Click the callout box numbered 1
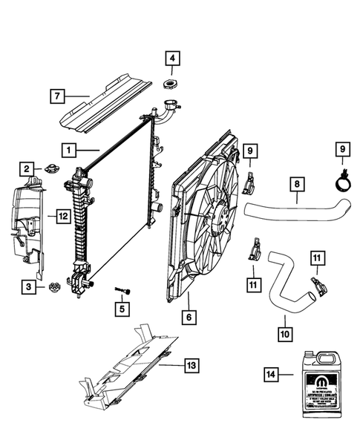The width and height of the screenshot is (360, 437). pyautogui.click(x=69, y=151)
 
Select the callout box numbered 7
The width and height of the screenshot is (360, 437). pyautogui.click(x=58, y=96)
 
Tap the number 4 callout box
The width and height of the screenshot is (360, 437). pyautogui.click(x=172, y=58)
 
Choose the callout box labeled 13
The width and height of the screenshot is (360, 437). pyautogui.click(x=191, y=365)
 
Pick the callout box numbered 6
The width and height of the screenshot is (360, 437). pyautogui.click(x=189, y=317)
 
